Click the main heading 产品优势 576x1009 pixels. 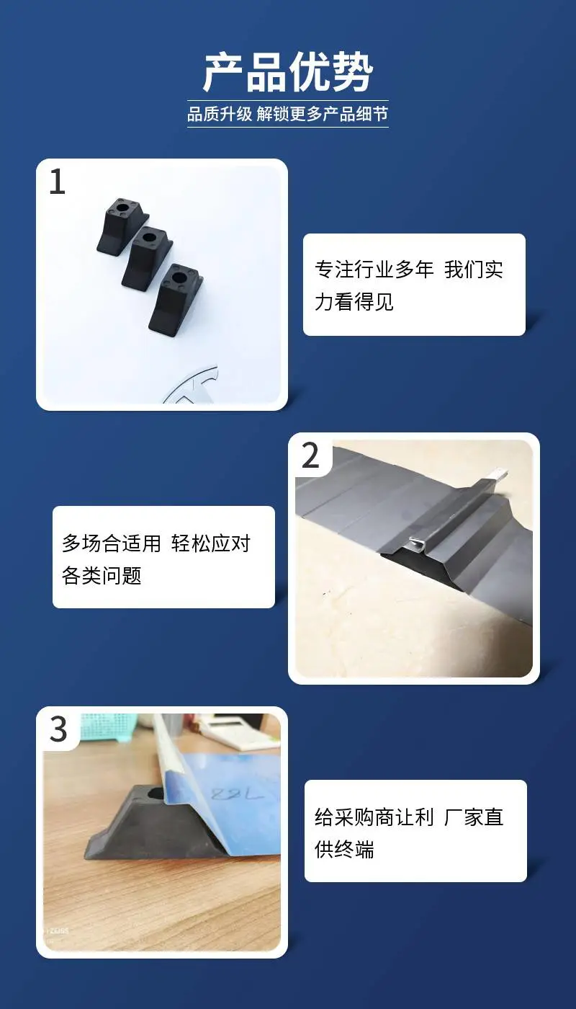pyautogui.click(x=288, y=72)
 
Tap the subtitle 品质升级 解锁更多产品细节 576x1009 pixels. pyautogui.click(x=287, y=114)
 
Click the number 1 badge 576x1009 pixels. pyautogui.click(x=57, y=182)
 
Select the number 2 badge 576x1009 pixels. pyautogui.click(x=310, y=455)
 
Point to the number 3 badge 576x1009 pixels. pyautogui.click(x=58, y=729)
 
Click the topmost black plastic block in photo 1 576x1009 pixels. pyautogui.click(x=122, y=226)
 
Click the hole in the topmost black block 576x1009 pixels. pyautogui.click(x=121, y=208)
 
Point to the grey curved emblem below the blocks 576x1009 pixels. pyautogui.click(x=192, y=384)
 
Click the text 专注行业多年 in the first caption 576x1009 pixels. pyautogui.click(x=374, y=270)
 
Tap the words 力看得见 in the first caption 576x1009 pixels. pyautogui.click(x=354, y=302)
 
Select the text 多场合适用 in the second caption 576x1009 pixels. pyautogui.click(x=111, y=543)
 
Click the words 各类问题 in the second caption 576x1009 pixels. pyautogui.click(x=102, y=575)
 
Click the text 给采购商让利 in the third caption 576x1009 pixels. pyautogui.click(x=374, y=817)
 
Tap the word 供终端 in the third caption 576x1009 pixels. pyautogui.click(x=344, y=850)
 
